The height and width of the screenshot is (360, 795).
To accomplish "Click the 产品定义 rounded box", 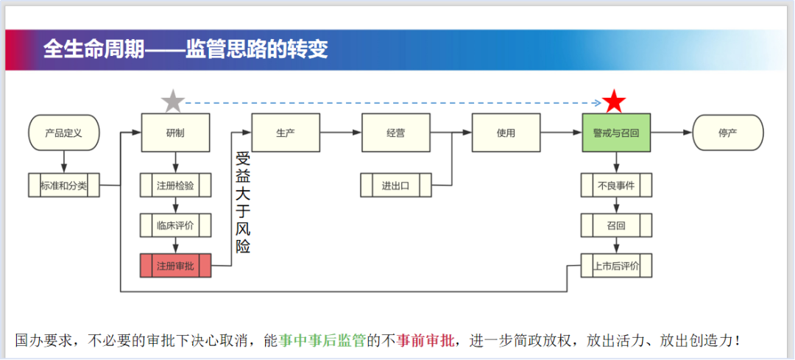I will [x=63, y=133].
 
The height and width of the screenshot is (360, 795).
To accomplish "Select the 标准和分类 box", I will [x=63, y=186].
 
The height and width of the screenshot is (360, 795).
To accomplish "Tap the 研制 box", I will [x=175, y=133].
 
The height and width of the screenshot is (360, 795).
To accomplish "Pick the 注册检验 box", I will [x=175, y=186].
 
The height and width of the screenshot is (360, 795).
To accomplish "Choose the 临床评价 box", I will [x=175, y=225].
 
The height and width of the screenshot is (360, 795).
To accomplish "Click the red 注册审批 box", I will [x=175, y=266].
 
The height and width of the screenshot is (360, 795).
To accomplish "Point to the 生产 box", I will [x=286, y=133].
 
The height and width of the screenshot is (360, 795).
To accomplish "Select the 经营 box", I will [x=396, y=133].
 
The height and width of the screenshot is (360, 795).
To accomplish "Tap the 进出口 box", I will [x=396, y=186].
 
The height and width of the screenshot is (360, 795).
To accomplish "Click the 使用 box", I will [x=506, y=133].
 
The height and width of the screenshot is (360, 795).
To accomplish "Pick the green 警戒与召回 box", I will [x=616, y=133].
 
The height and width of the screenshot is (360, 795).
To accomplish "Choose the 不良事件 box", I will [x=616, y=186].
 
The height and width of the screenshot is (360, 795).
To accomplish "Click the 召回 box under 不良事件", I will [x=616, y=225].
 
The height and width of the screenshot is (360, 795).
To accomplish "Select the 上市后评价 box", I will [x=616, y=266].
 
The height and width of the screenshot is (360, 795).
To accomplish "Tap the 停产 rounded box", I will [x=728, y=133].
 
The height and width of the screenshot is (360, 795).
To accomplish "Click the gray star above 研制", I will [x=172, y=102].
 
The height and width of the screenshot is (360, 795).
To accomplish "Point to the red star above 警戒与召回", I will [x=615, y=102].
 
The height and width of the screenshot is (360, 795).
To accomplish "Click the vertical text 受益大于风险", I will [x=243, y=202].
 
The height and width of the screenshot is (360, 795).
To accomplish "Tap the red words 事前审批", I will [x=425, y=340].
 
